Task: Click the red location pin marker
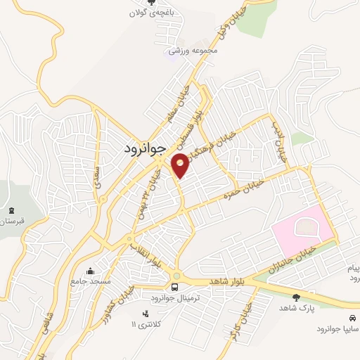(180, 165)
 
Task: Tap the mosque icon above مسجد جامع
(91, 271)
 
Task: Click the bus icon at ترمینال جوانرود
(175, 287)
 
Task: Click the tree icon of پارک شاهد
(296, 298)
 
